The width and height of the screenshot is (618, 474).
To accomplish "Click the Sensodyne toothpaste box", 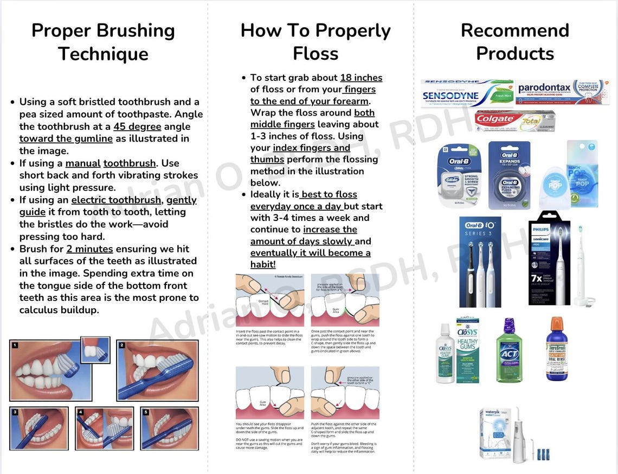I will point(467,93).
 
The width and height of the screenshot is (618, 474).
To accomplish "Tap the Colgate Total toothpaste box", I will point(514,120).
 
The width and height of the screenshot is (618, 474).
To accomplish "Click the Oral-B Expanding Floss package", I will point(509,175).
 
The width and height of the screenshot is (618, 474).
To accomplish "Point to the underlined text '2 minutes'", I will point(89,249).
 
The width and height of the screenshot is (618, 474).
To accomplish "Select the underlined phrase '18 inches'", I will point(361,78).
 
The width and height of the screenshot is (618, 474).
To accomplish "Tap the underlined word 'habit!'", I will point(263,264).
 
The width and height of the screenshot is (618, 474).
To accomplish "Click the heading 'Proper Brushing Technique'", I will point(103,42).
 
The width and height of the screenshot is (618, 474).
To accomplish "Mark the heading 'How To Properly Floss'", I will point(316,42).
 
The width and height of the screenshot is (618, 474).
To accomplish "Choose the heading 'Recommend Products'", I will point(514,42).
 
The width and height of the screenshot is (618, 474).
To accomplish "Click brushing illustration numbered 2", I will point(157,370).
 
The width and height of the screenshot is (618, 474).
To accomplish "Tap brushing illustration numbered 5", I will point(169,428).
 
